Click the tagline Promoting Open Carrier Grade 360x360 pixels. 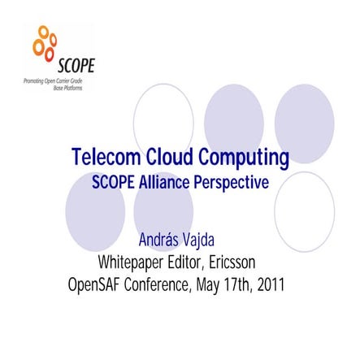(x=54, y=82)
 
